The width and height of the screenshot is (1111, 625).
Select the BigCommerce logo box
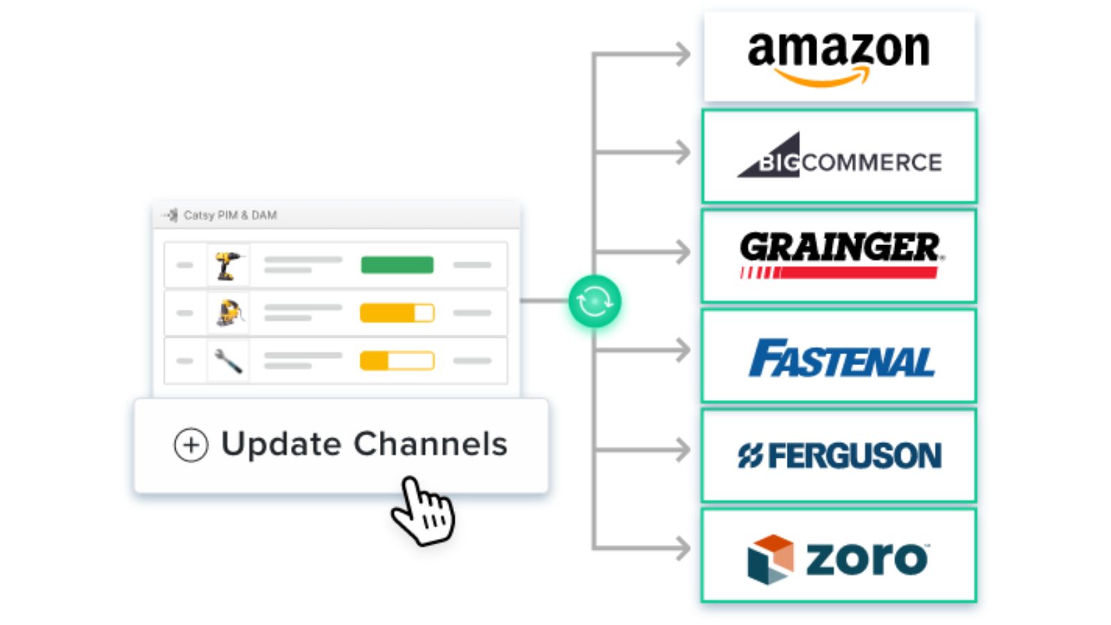(x=839, y=157)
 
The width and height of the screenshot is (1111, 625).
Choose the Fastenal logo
(x=841, y=358)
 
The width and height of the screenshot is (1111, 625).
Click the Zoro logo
(x=838, y=558)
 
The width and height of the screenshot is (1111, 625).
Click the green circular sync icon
(x=594, y=301)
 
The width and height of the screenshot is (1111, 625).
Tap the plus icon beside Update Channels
(x=191, y=445)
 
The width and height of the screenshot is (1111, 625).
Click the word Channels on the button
(x=431, y=444)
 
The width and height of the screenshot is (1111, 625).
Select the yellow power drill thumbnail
(x=228, y=265)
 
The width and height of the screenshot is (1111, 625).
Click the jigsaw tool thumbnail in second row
(x=228, y=313)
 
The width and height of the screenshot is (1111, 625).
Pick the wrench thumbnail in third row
(x=228, y=361)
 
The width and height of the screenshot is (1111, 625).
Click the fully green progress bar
(x=397, y=265)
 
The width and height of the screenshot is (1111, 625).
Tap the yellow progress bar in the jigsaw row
(x=397, y=313)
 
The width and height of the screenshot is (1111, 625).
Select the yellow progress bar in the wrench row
(x=397, y=361)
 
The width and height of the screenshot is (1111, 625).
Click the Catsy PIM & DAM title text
(x=230, y=215)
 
